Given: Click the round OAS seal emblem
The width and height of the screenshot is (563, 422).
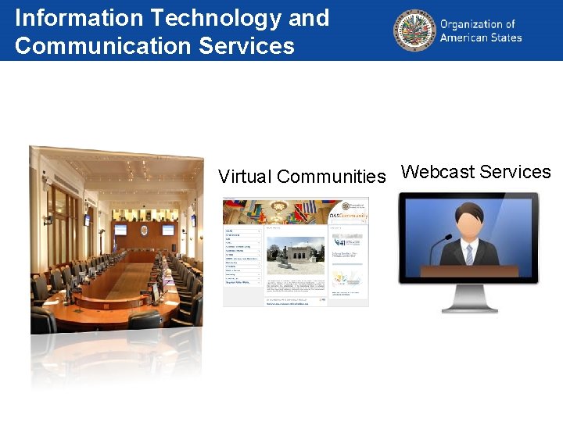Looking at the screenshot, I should click(x=414, y=30).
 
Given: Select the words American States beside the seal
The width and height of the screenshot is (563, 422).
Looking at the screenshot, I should click(x=480, y=38).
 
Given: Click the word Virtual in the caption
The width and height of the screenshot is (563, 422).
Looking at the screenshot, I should click(x=245, y=177).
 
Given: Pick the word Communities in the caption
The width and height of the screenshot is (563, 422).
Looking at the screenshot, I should click(x=332, y=177).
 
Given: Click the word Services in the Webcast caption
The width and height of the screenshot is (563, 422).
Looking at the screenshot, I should click(x=515, y=172).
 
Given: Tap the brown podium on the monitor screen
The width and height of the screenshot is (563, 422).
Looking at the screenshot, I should click(x=468, y=271).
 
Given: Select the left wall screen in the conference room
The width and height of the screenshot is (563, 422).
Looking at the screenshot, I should click(x=120, y=230).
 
